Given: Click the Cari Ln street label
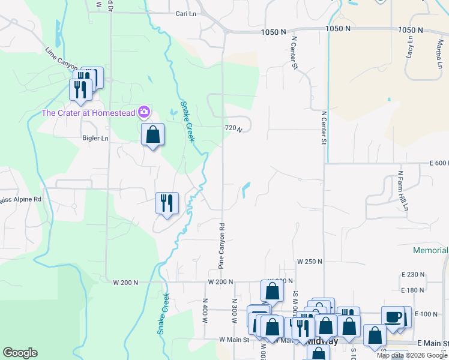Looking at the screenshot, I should click(x=187, y=13).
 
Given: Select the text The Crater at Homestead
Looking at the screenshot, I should click(x=89, y=112).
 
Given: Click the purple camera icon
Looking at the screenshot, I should click(x=144, y=112).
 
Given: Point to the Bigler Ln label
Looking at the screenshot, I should click(x=95, y=138).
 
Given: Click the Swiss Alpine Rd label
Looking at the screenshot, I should click(x=21, y=199).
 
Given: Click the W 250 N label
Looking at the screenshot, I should click(x=310, y=262).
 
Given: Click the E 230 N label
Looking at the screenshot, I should click(x=412, y=274).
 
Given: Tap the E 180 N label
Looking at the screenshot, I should click(x=412, y=290).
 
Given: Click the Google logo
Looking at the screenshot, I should click(x=20, y=353).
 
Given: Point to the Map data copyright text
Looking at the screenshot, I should click(x=411, y=355).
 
